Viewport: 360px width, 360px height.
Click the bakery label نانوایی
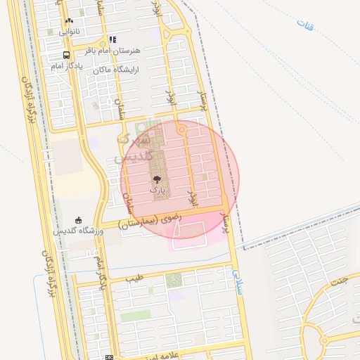[x=69, y=32]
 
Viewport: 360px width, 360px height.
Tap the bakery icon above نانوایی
[x=69, y=21]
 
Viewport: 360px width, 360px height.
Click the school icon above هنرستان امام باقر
[x=112, y=40]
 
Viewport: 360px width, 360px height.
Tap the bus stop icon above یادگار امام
[x=66, y=55]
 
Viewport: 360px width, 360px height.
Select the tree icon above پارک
[x=157, y=179]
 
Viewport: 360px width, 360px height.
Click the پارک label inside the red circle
[x=157, y=190]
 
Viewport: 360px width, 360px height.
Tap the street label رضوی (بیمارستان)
[x=150, y=221]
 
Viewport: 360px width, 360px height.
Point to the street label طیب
[x=134, y=278]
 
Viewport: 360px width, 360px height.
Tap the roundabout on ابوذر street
[x=182, y=129]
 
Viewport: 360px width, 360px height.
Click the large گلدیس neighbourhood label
[x=133, y=148]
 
